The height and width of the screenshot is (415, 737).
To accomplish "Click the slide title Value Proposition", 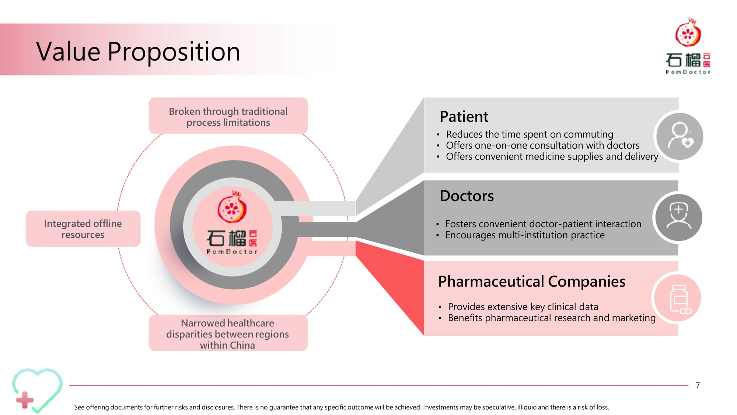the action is [138, 51].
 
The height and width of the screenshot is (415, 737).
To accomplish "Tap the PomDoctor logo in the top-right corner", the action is [688, 46].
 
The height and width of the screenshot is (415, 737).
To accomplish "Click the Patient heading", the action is [464, 117].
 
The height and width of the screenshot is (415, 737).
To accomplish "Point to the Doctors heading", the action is [467, 196].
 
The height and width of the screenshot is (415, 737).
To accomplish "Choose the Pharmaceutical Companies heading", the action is [532, 281].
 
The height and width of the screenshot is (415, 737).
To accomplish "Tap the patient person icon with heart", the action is [680, 136].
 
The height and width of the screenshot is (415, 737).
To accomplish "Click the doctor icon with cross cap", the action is [678, 217].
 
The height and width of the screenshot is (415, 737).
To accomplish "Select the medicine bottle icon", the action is [677, 298].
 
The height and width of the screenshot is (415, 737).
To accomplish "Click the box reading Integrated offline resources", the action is [83, 229].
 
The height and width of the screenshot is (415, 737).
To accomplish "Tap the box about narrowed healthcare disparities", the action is [228, 333].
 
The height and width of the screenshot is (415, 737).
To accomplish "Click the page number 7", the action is [698, 385].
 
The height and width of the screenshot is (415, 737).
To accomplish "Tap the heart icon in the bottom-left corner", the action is [37, 390].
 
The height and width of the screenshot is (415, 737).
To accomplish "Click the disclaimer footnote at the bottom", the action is [342, 407].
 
